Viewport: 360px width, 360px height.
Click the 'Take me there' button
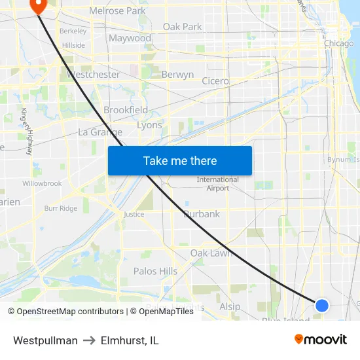(x=180, y=160)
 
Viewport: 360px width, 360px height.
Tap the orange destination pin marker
(x=37, y=6)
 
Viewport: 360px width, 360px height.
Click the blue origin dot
(x=321, y=305)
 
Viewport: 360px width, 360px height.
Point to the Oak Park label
(x=183, y=27)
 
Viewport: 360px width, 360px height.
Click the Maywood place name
(x=130, y=38)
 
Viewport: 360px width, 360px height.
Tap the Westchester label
(x=93, y=75)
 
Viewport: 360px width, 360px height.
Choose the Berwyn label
(x=177, y=75)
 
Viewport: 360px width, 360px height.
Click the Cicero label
(x=215, y=81)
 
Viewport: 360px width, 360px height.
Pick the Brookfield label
(x=126, y=110)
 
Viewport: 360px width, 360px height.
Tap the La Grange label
(x=100, y=132)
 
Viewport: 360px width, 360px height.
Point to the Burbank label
(x=202, y=214)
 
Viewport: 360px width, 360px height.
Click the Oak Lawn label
(x=211, y=253)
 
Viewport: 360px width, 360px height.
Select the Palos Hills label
(x=155, y=271)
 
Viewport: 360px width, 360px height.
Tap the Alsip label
(x=230, y=306)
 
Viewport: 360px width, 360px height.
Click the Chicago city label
(x=339, y=43)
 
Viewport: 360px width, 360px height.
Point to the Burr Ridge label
(x=60, y=209)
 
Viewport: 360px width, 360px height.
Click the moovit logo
(x=321, y=340)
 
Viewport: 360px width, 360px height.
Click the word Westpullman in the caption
(x=45, y=340)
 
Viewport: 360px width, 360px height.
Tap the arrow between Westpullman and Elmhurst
(x=89, y=340)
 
